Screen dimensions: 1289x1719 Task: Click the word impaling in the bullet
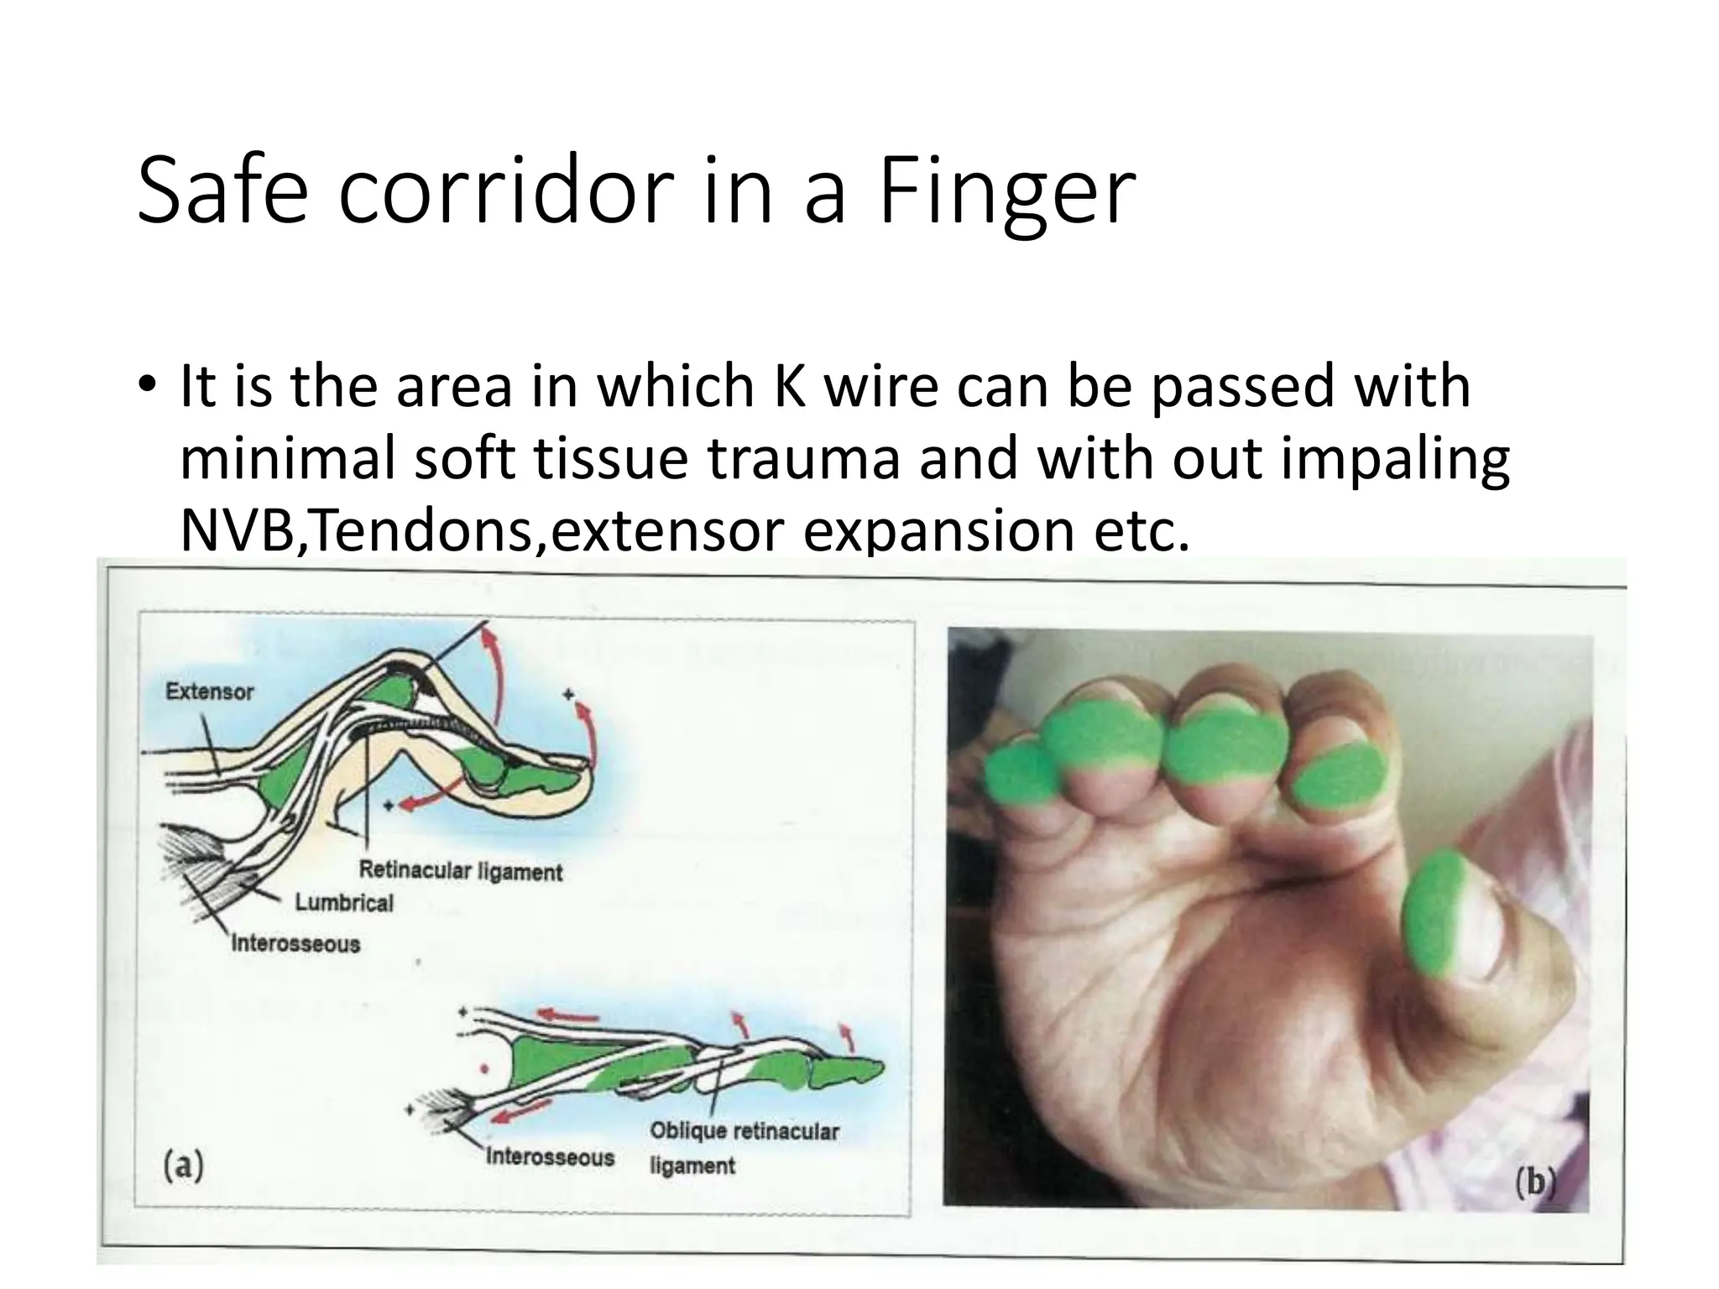(x=1394, y=459)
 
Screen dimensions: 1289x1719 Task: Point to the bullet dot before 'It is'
(x=149, y=388)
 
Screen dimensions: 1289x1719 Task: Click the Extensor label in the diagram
(x=209, y=692)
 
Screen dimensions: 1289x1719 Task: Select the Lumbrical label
(x=343, y=903)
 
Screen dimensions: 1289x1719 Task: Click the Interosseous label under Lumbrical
(x=295, y=943)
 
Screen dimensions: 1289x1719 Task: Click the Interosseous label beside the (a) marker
(x=550, y=1158)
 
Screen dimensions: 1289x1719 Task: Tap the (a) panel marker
(x=183, y=1166)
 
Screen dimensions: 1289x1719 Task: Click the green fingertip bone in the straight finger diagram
(x=848, y=1072)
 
